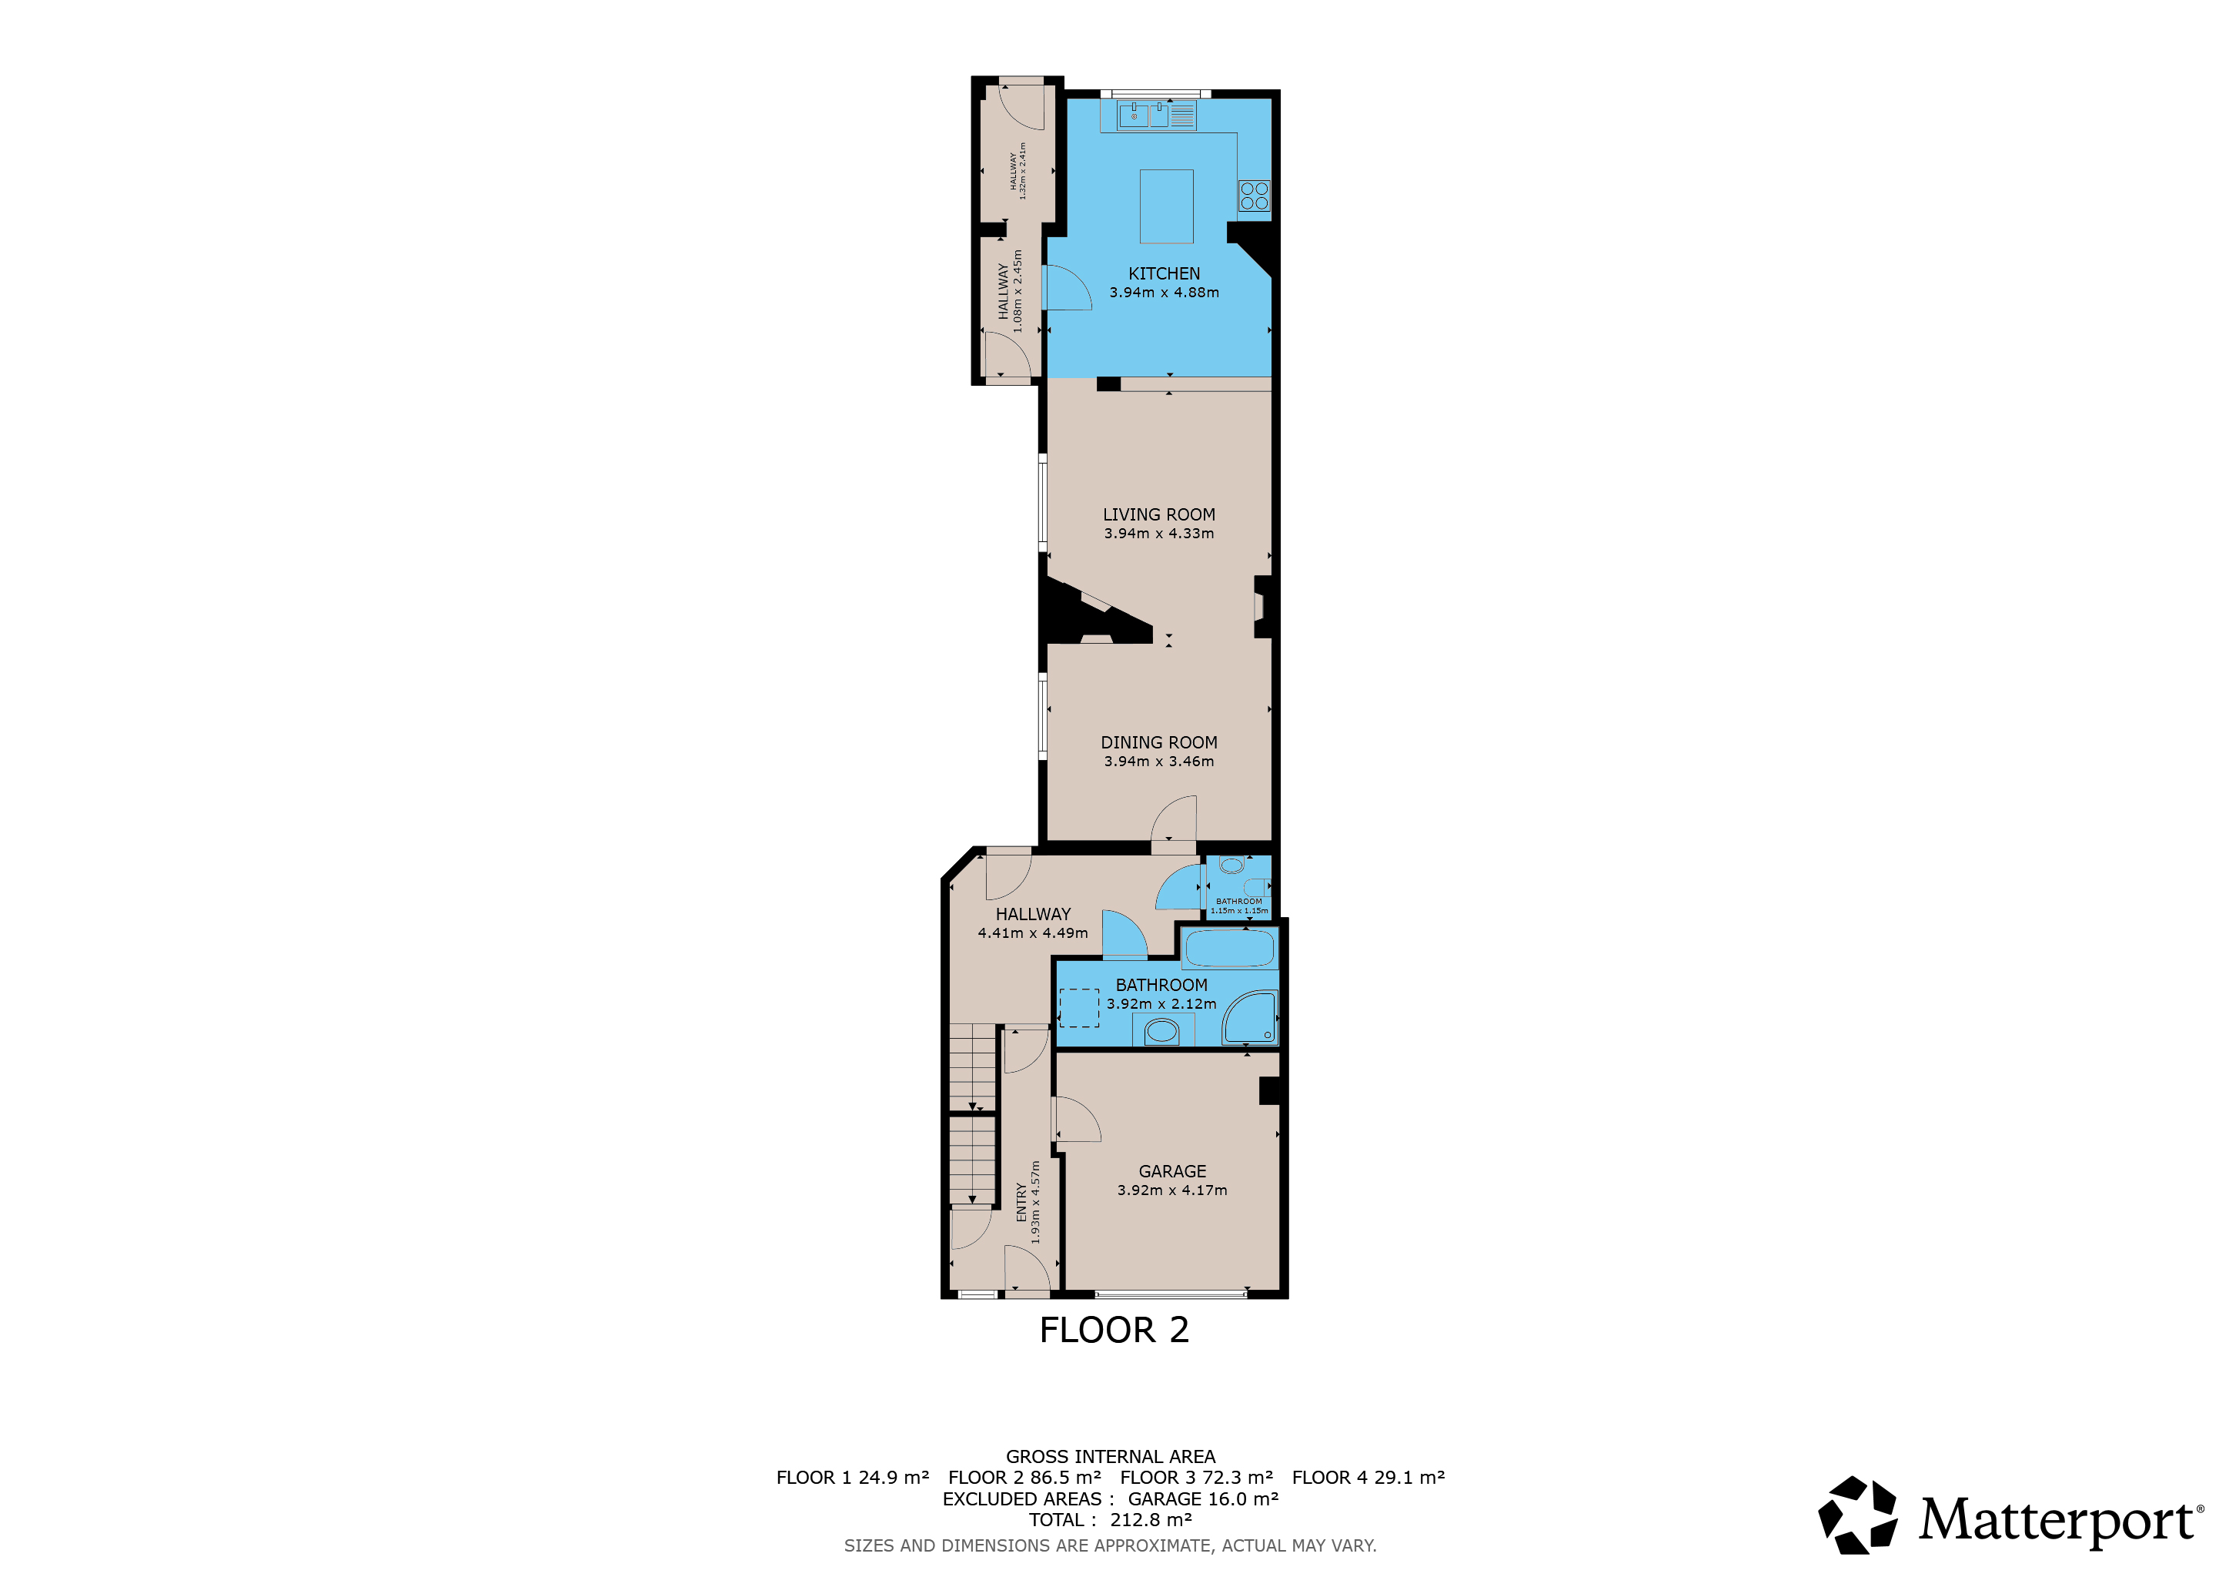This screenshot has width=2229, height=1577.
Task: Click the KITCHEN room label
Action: (x=1164, y=274)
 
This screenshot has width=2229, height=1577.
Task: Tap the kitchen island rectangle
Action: (x=1166, y=206)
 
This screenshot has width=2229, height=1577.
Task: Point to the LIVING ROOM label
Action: (x=1159, y=514)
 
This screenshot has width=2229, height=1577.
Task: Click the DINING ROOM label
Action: (x=1159, y=743)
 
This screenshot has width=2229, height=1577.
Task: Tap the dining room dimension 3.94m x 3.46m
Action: (x=1159, y=762)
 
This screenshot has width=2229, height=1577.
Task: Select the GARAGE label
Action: (x=1173, y=1172)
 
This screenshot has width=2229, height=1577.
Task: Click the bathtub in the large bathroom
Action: (x=1230, y=949)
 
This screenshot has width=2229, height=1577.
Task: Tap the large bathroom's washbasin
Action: (x=1162, y=1030)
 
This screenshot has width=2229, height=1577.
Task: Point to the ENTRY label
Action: (x=1021, y=1202)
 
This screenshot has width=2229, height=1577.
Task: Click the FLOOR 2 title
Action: (x=1114, y=1331)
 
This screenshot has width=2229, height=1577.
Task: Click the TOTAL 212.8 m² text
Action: (x=1111, y=1521)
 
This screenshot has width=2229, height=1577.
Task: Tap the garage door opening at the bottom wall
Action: (x=1171, y=1294)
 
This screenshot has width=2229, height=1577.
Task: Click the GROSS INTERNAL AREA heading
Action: (x=1111, y=1457)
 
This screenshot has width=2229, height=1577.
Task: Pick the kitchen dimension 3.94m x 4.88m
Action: (x=1164, y=293)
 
